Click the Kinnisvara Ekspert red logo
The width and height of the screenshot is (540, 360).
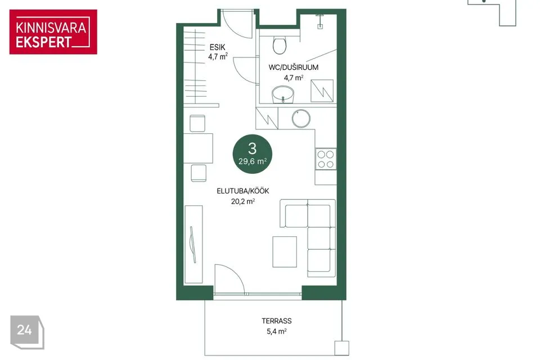tap(53, 31)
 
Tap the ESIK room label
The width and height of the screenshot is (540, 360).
tap(217, 47)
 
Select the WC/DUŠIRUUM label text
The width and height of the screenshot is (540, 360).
tap(294, 67)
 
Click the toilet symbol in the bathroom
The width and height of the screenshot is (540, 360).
tap(280, 46)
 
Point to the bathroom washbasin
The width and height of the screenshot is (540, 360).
tap(283, 94)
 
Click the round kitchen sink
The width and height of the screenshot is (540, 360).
tap(301, 119)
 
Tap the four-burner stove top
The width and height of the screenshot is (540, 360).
tap(326, 159)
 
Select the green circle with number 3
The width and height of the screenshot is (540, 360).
tap(253, 154)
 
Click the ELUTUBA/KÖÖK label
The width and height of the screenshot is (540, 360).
tap(243, 191)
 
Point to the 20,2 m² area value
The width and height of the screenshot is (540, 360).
tap(243, 201)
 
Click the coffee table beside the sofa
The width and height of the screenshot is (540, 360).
tap(285, 251)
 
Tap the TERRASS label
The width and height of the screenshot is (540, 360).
tap(277, 321)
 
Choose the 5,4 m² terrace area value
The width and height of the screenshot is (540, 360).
tap(277, 331)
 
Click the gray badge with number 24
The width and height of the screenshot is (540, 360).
tap(27, 332)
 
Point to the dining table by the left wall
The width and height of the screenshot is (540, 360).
tap(198, 148)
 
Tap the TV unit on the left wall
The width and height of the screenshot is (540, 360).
tap(193, 244)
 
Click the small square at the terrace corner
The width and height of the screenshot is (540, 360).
tap(341, 348)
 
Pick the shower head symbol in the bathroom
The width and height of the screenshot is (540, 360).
tap(320, 20)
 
